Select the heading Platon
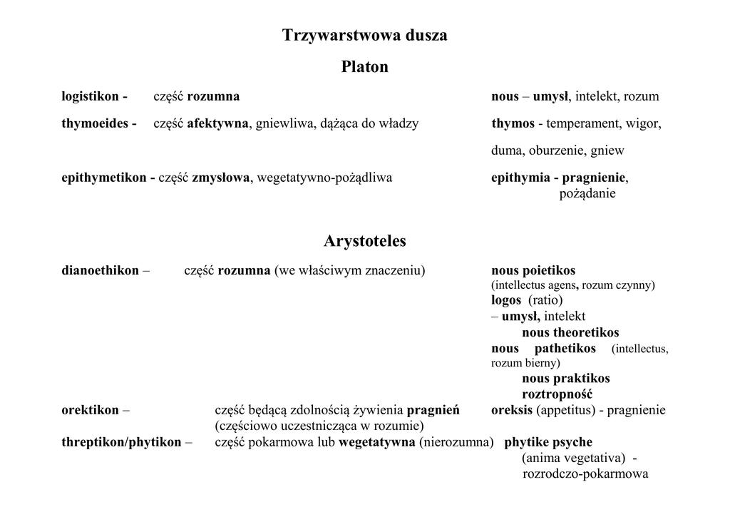(365, 67)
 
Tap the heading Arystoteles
(365, 241)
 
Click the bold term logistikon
(91, 96)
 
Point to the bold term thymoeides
(95, 123)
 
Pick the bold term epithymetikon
(105, 178)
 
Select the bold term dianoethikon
(101, 271)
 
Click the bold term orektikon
(91, 410)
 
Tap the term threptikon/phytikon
(122, 442)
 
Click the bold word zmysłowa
(221, 178)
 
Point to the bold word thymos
(513, 123)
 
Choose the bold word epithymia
(520, 178)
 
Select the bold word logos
(506, 300)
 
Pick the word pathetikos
(565, 349)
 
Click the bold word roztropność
(557, 394)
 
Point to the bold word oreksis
(512, 410)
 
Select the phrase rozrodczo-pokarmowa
(585, 474)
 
